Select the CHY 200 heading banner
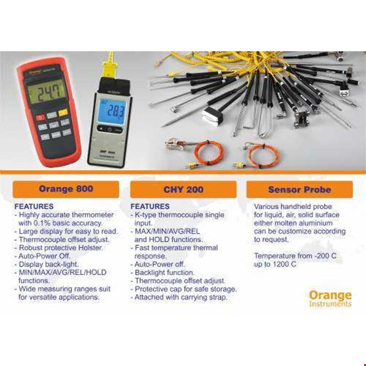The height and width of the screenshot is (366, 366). tap(182, 189)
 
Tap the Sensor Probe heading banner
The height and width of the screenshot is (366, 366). tap(300, 189)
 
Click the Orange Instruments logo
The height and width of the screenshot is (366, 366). tap(330, 298)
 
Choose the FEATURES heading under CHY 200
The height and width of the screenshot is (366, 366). tap(150, 207)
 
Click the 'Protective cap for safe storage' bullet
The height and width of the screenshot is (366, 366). tap(185, 289)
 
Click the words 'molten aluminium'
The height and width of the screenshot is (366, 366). tap(298, 223)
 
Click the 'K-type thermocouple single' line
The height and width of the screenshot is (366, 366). tap(179, 215)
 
